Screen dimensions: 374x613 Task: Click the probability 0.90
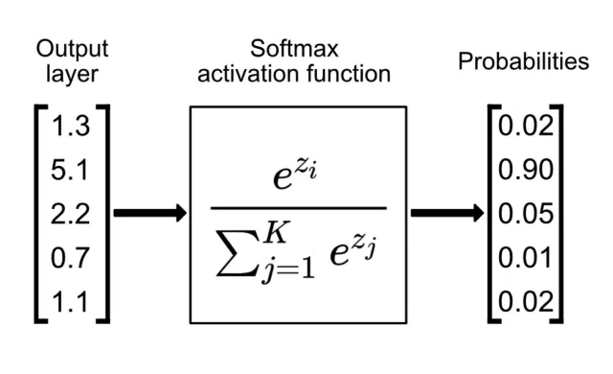[x=525, y=171]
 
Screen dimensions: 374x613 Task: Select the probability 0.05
[x=525, y=213]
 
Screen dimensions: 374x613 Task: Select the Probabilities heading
[x=523, y=62]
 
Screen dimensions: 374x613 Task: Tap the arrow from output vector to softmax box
[x=149, y=213]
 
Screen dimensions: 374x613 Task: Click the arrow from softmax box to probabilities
[x=446, y=213]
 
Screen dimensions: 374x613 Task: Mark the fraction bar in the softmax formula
[x=298, y=208]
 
